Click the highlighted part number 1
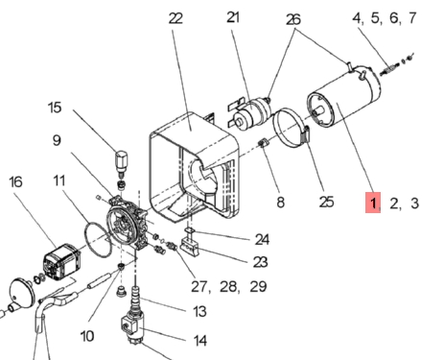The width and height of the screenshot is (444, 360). click(x=373, y=203)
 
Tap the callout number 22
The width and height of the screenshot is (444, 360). click(x=175, y=18)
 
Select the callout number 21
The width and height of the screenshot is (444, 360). click(x=233, y=17)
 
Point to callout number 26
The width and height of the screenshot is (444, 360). click(x=293, y=19)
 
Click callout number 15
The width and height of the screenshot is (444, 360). click(x=55, y=108)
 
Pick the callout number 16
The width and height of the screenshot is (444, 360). click(x=15, y=181)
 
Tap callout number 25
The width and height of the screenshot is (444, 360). click(x=326, y=202)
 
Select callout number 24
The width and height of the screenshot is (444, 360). click(x=262, y=239)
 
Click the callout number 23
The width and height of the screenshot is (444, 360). click(x=260, y=262)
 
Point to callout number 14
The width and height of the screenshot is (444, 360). click(x=200, y=341)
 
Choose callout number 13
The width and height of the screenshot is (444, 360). click(x=199, y=311)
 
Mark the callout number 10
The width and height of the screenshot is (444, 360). click(x=87, y=336)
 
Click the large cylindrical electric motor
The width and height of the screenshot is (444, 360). click(x=343, y=97)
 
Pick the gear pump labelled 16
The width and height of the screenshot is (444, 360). click(x=61, y=262)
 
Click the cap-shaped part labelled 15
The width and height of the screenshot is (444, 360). click(x=121, y=161)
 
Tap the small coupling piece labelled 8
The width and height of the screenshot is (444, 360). click(x=264, y=143)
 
